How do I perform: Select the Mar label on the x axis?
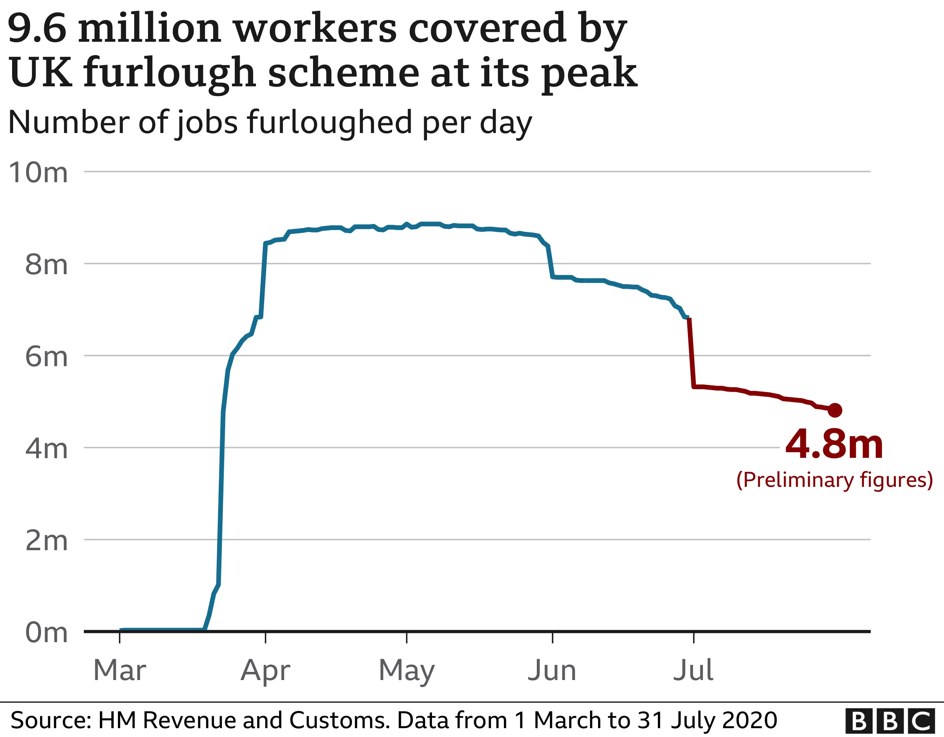[x=120, y=670]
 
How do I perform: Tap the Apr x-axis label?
[x=266, y=671]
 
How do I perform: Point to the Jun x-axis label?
[x=552, y=670]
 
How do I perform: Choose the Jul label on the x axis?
[x=693, y=670]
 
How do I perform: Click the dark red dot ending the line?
[x=835, y=410]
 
